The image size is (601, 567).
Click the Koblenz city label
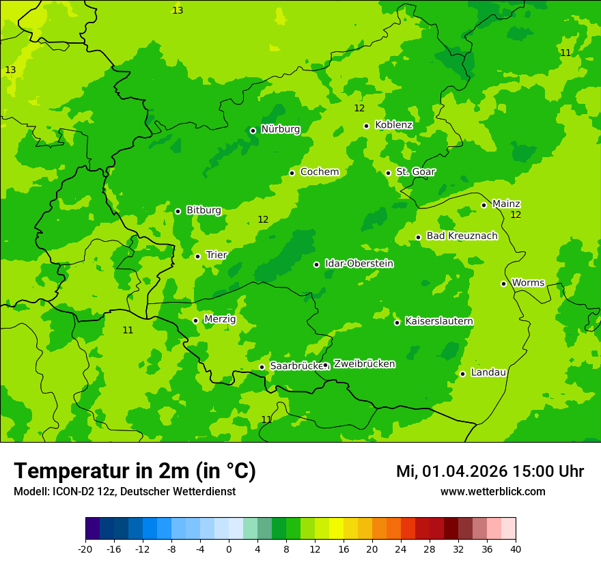click(393, 125)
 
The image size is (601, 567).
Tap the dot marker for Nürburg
click(253, 130)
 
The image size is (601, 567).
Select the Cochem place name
click(319, 172)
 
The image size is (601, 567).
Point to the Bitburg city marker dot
click(178, 211)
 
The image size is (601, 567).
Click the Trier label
click(216, 255)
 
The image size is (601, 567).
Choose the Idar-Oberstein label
click(359, 264)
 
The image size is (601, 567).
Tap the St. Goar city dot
click(388, 173)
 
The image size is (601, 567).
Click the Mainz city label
click(506, 204)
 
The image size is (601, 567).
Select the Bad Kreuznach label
click(462, 236)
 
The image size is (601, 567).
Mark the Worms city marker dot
click(503, 283)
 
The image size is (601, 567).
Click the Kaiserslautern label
click(438, 322)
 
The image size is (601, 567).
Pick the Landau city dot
click(462, 374)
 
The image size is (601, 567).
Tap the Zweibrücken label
click(364, 364)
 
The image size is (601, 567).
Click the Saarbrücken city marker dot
click(262, 367)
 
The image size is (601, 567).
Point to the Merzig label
click(220, 320)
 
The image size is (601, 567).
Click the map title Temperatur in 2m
click(135, 471)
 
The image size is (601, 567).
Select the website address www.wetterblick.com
click(492, 492)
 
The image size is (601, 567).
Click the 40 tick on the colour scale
click(516, 549)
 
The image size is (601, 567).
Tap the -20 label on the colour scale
click(85, 549)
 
